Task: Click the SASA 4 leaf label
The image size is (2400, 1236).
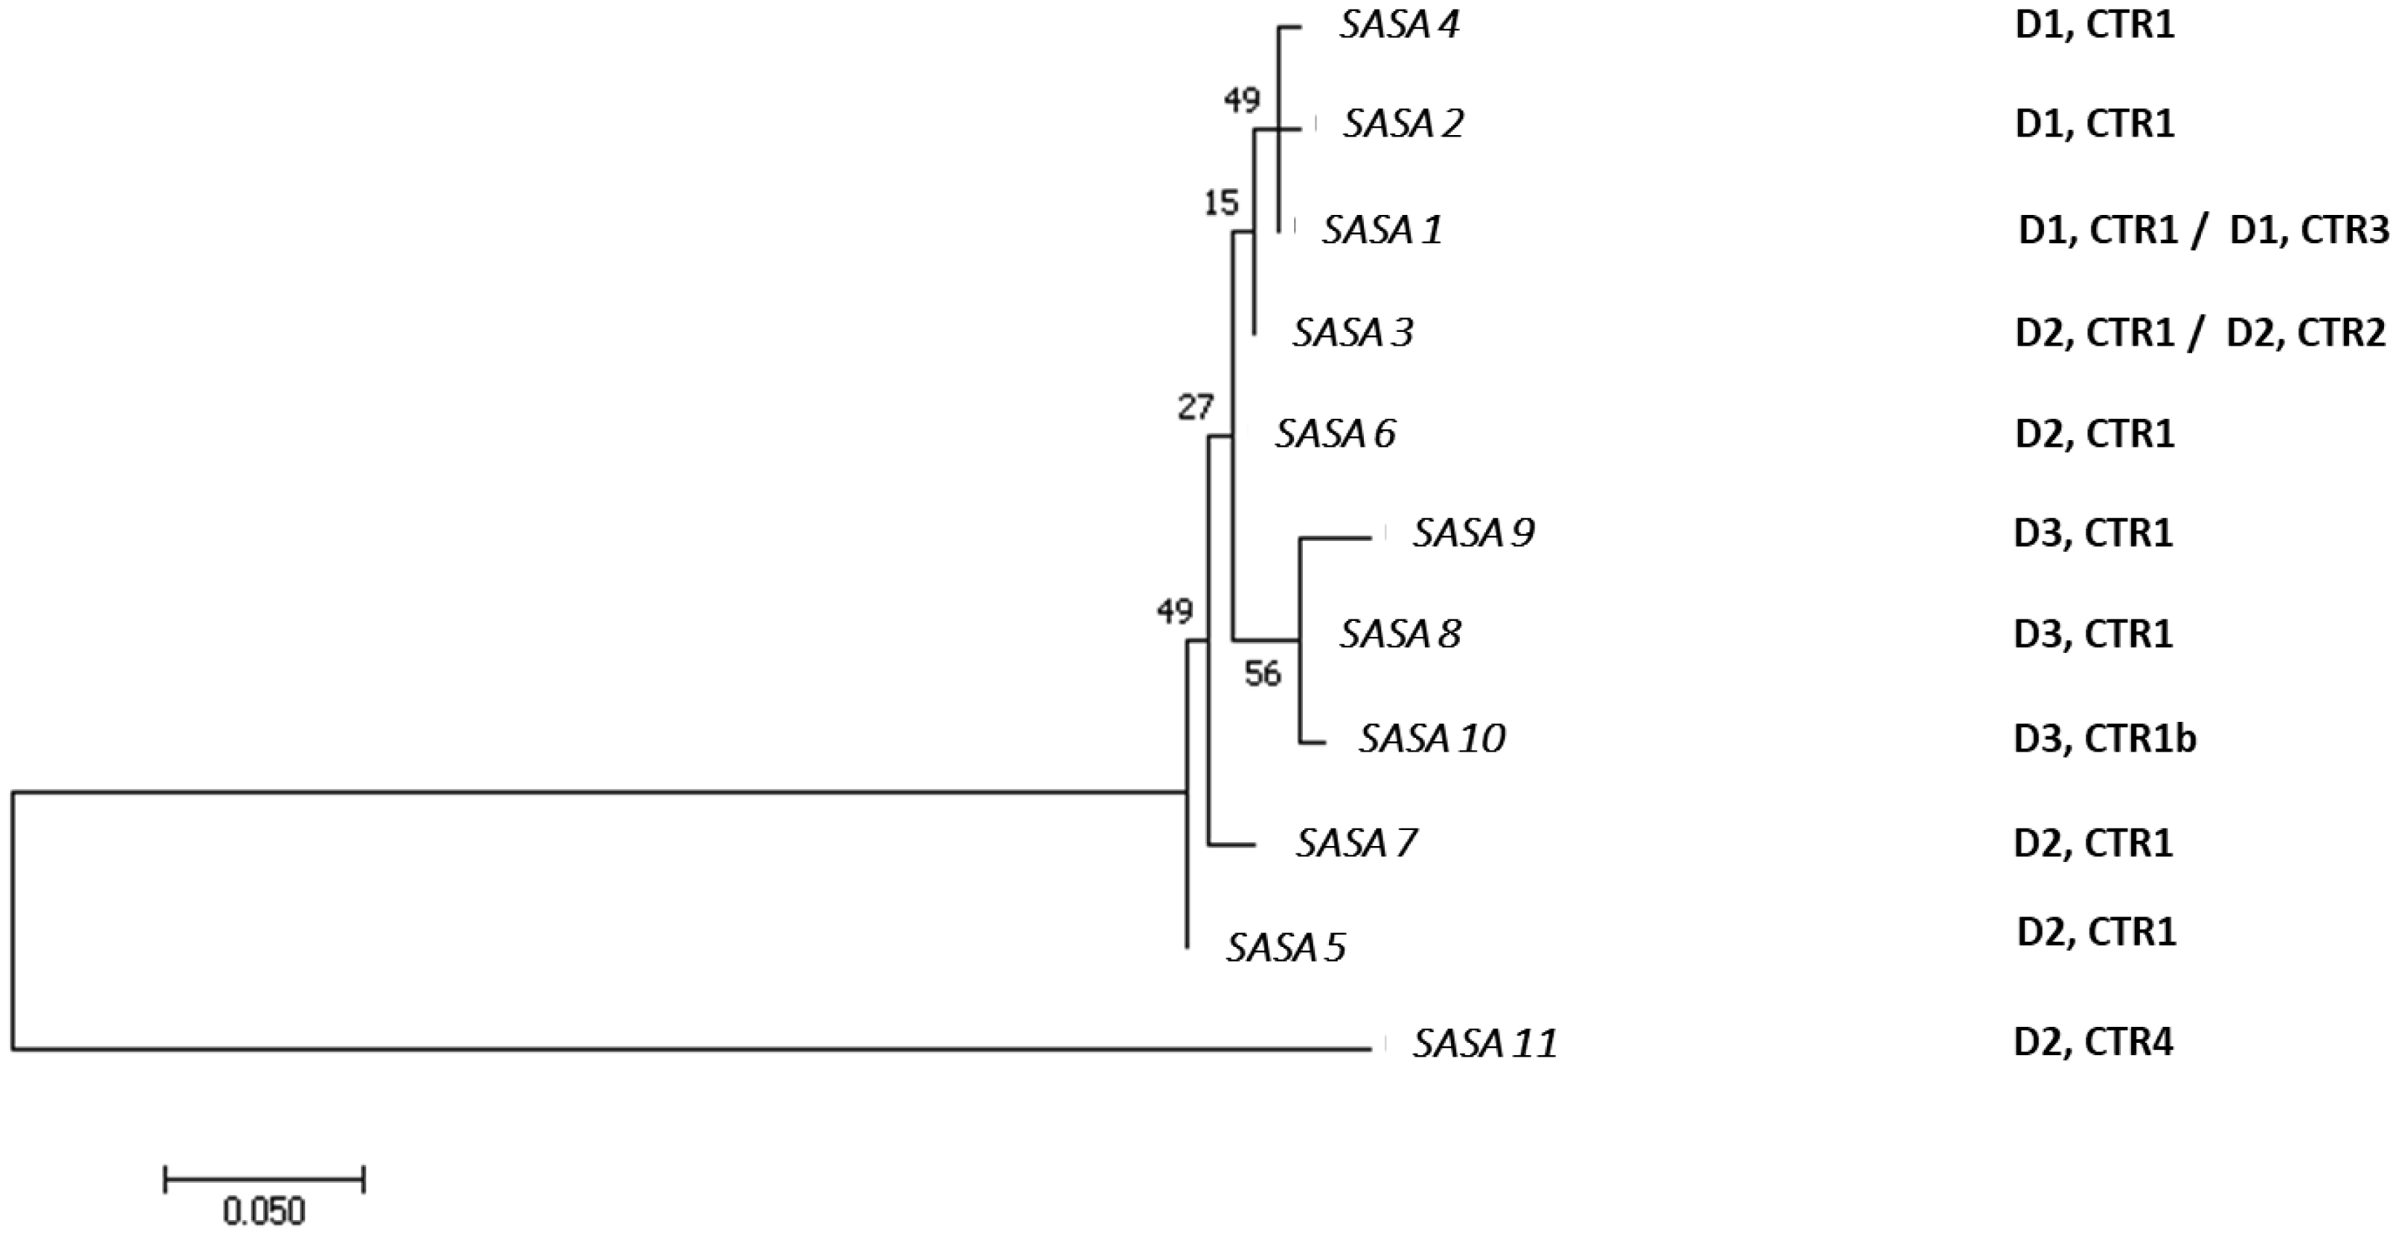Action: pyautogui.click(x=1399, y=25)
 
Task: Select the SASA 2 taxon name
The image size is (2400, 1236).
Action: pyautogui.click(x=1403, y=124)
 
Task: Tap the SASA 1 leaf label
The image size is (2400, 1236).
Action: pyautogui.click(x=1383, y=229)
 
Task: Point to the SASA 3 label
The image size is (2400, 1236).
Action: pyautogui.click(x=1353, y=333)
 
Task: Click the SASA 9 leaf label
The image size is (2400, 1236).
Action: pyautogui.click(x=1473, y=534)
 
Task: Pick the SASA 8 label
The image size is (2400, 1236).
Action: pyautogui.click(x=1400, y=634)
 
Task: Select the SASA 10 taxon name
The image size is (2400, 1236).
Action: pyautogui.click(x=1432, y=739)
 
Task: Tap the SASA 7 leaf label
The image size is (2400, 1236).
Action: pyautogui.click(x=1357, y=844)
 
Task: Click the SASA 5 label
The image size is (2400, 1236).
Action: pyautogui.click(x=1285, y=948)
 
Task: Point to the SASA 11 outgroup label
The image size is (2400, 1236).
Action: pyautogui.click(x=1485, y=1044)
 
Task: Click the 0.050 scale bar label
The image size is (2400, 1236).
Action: pyautogui.click(x=264, y=1212)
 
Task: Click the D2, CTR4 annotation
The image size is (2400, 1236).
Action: pyautogui.click(x=2093, y=1042)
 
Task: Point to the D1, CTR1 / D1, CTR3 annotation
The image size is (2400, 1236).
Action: pyautogui.click(x=2203, y=231)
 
